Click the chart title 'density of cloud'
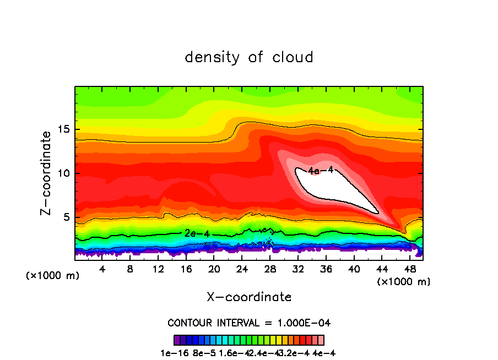click(x=249, y=57)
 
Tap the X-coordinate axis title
click(x=249, y=297)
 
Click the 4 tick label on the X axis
click(x=102, y=269)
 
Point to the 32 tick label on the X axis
click(x=298, y=269)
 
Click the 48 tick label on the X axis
click(x=410, y=269)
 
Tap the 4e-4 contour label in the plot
click(x=321, y=171)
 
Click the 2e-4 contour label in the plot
click(x=197, y=233)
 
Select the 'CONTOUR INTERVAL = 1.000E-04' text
click(x=249, y=323)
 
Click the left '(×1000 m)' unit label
click(x=53, y=276)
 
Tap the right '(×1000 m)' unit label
click(x=404, y=281)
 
